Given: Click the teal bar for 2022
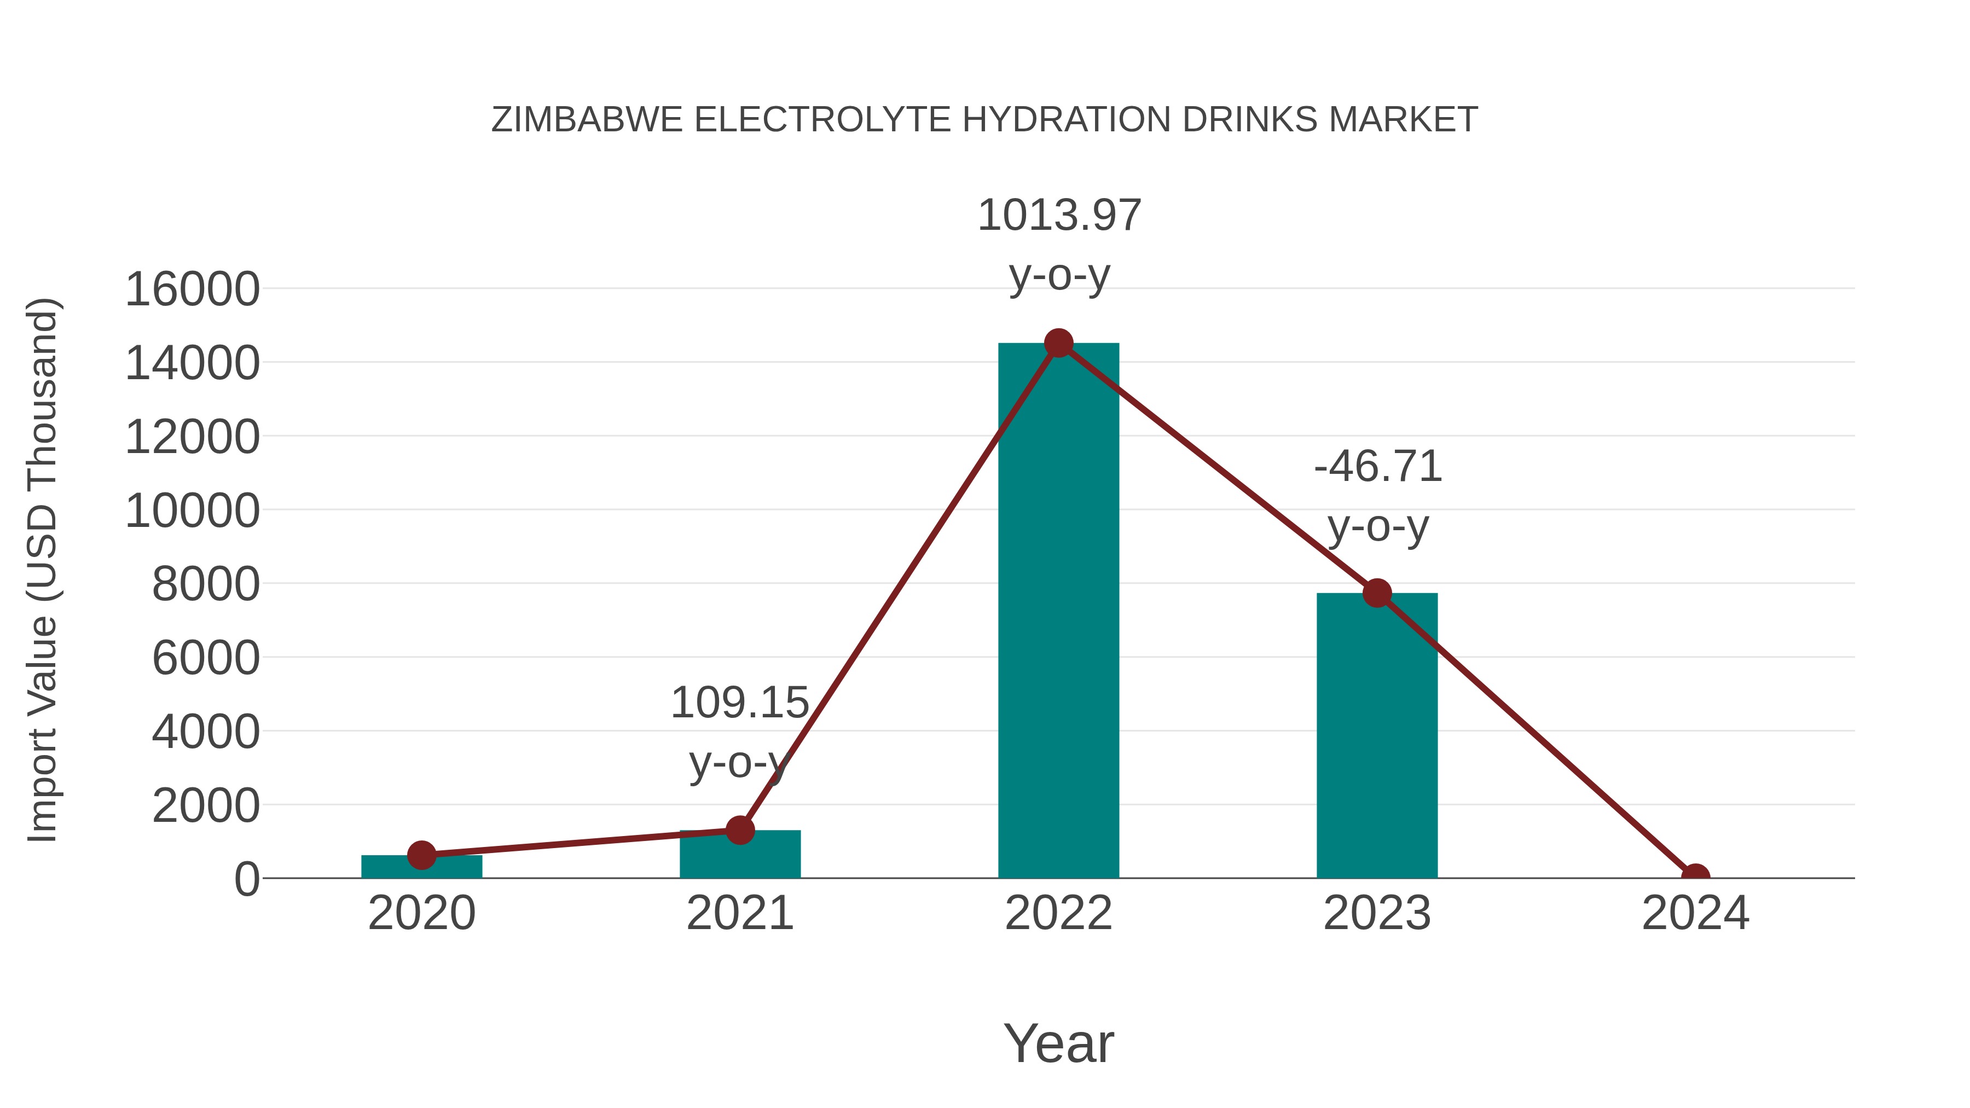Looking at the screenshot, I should point(1058,612).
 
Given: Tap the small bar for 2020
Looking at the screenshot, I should point(421,867).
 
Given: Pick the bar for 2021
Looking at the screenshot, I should point(739,855).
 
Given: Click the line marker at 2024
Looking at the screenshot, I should point(1695,877).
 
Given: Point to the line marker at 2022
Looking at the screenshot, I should point(1058,343).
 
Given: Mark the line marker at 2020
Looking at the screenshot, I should point(421,855).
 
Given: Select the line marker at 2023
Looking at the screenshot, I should point(1377,593).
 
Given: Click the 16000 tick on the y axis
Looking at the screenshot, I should point(192,290).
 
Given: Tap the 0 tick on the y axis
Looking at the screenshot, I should point(247,879).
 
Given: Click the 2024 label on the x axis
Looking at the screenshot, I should point(1695,913).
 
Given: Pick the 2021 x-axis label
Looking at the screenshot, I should point(739,913).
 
